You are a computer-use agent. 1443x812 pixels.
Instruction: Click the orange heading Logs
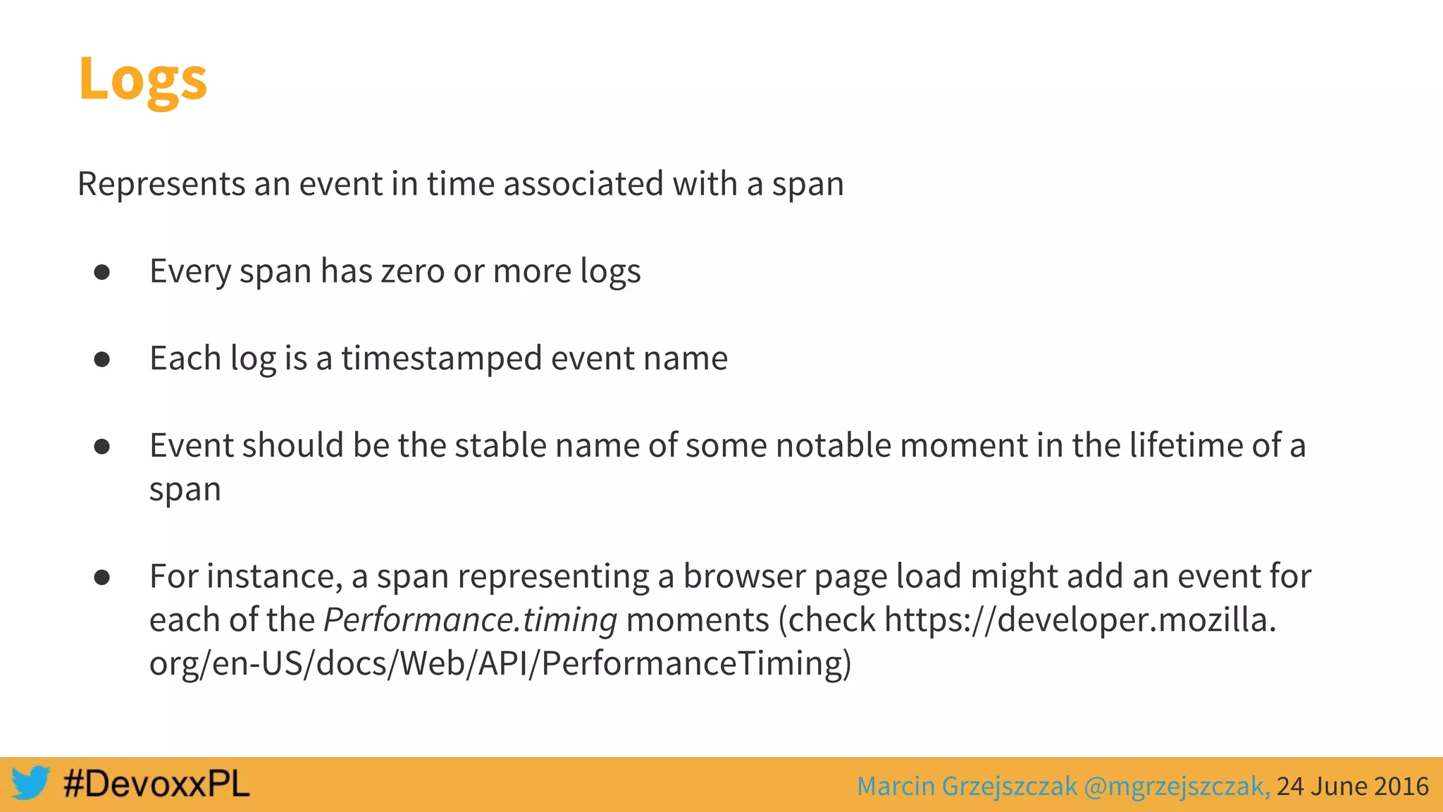(142, 79)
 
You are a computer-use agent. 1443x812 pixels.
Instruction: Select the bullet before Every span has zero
(102, 272)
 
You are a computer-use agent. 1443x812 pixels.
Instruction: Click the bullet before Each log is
(102, 359)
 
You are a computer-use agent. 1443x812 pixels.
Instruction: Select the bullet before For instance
(102, 578)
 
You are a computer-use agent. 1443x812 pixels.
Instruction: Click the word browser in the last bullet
(744, 577)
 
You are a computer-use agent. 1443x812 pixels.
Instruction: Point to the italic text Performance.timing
(470, 620)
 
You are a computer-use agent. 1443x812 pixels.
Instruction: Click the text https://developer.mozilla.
(1079, 620)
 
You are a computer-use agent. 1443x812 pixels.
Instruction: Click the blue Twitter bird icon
(30, 782)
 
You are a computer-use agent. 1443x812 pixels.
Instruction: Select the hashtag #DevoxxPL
(156, 784)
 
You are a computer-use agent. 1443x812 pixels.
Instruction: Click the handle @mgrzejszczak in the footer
(1177, 786)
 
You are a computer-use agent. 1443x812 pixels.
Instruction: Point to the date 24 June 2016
(1352, 786)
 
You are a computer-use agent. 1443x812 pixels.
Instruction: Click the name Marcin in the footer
(896, 786)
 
